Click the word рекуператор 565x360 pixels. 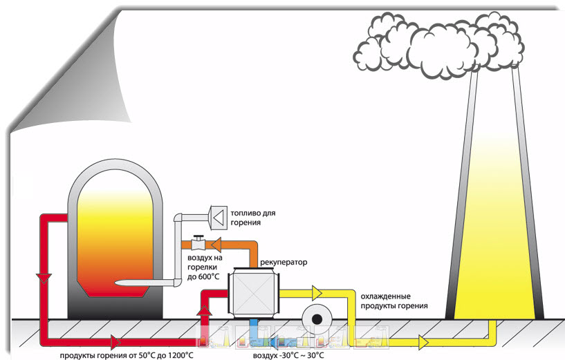[283, 263]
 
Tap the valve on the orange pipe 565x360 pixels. [199, 243]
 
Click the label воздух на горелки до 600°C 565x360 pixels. [203, 267]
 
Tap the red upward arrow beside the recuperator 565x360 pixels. [203, 309]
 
